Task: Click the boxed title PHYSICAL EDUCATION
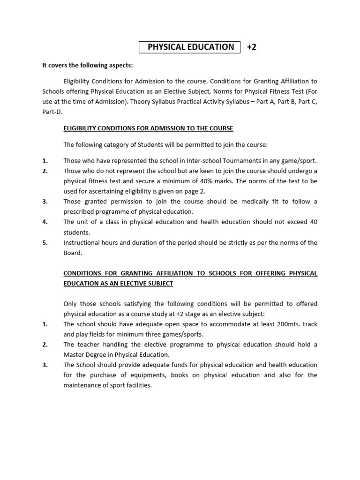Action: pos(190,47)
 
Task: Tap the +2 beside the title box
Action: pos(252,47)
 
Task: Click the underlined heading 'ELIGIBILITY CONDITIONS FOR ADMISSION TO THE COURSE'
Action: pos(148,128)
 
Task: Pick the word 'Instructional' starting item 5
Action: pos(82,242)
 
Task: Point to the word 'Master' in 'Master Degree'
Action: pos(74,354)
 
